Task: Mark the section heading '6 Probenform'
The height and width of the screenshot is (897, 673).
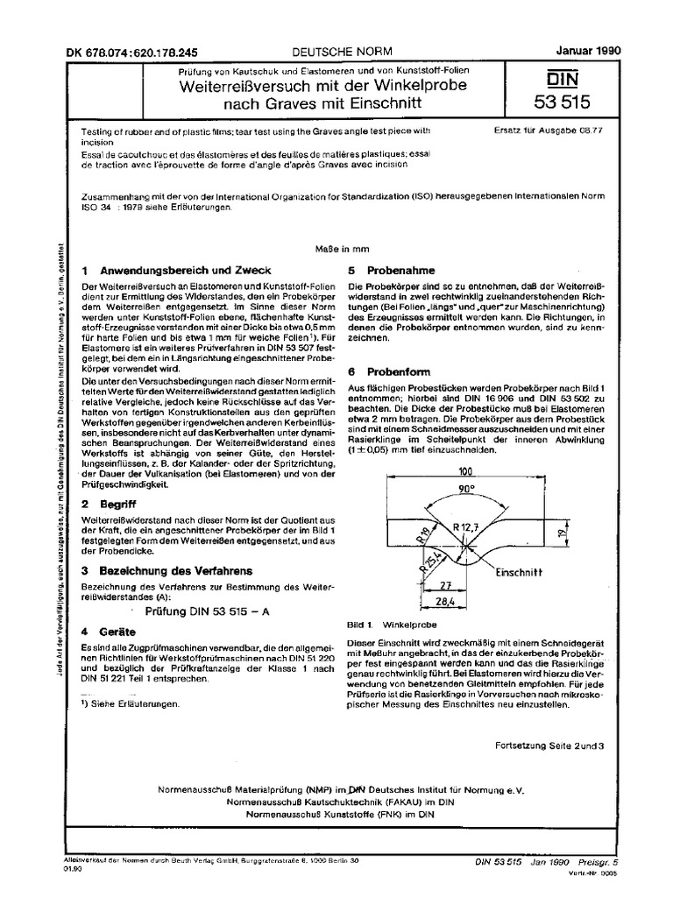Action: click(393, 371)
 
